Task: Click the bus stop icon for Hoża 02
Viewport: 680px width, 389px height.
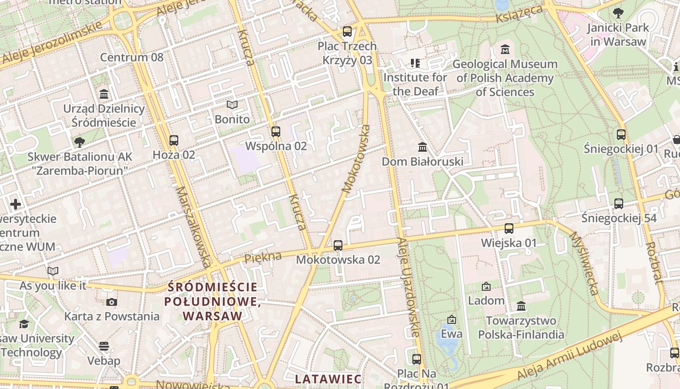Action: tap(174, 141)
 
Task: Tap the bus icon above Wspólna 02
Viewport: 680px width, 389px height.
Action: tap(276, 131)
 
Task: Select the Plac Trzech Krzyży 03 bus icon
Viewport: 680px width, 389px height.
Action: tap(347, 32)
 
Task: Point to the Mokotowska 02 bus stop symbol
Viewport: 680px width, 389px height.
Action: tap(338, 246)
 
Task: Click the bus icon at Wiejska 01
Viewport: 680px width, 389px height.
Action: tap(509, 228)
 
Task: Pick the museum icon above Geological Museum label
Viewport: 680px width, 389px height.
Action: tap(505, 50)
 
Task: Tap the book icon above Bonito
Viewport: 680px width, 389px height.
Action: tap(232, 105)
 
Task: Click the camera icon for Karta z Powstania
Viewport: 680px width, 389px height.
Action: tap(112, 302)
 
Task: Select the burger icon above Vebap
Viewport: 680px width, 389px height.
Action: tap(103, 346)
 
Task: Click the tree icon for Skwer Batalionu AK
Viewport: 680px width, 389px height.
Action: tap(80, 142)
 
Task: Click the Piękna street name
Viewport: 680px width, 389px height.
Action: tap(263, 257)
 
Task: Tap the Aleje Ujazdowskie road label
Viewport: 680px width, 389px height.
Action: tap(408, 287)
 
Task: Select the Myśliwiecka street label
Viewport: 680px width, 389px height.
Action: tap(583, 263)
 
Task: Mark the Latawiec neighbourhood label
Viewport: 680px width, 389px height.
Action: tap(328, 379)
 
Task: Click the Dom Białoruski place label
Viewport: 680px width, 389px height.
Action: tap(423, 161)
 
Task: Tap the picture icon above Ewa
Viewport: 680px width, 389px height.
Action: tap(452, 319)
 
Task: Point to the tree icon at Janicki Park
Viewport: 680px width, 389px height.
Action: tap(618, 13)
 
